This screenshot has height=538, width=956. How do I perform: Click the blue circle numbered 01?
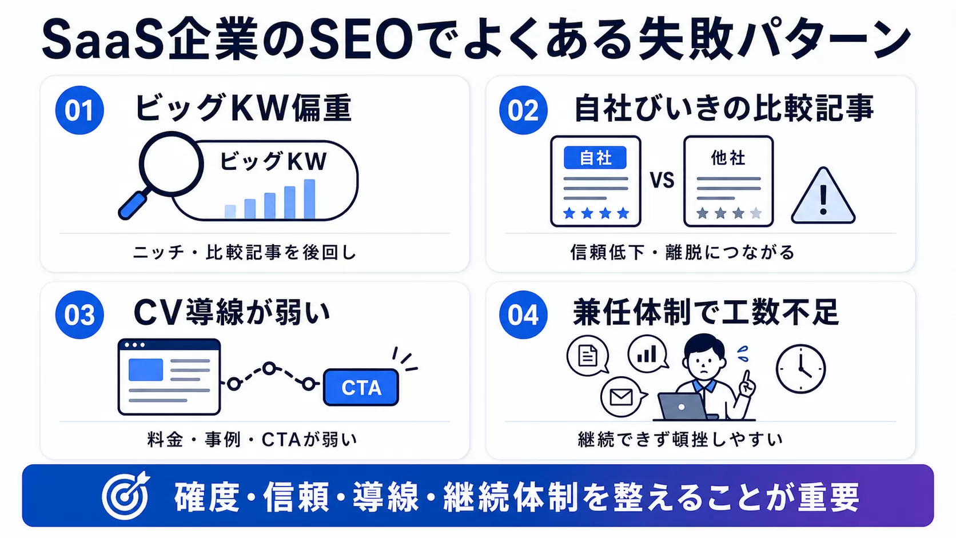79,110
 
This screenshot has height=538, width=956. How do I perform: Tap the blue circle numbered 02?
523,110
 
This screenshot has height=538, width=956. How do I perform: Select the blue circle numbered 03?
79,315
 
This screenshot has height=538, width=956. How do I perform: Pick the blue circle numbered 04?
523,315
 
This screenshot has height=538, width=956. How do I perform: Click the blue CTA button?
361,388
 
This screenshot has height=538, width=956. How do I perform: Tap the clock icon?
800,369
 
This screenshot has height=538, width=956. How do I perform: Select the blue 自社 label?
595,158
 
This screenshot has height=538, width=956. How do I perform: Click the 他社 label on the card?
728,158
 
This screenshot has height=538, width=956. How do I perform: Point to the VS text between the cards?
662,180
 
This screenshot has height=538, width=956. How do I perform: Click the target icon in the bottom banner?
126,495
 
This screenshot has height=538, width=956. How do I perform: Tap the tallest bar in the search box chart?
309,199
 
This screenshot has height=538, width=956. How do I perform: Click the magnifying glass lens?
171,164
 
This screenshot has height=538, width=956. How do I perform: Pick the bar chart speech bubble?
648,354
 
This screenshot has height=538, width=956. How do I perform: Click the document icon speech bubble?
588,356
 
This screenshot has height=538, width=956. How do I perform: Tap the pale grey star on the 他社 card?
756,213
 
